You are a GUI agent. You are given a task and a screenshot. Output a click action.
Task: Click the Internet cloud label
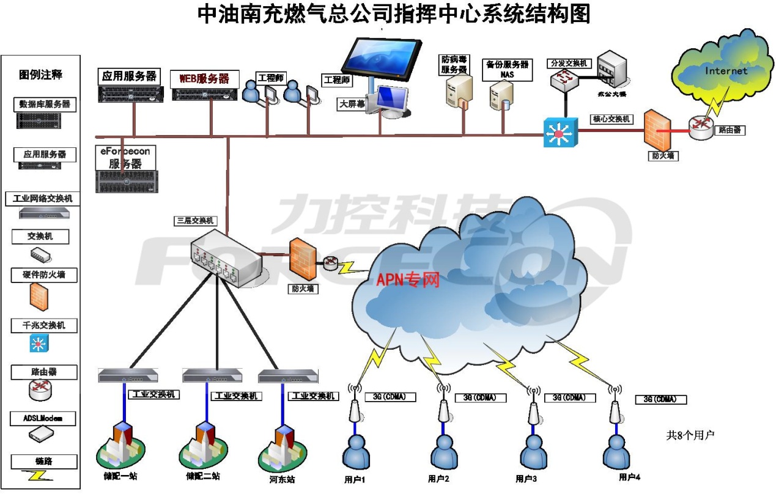726,71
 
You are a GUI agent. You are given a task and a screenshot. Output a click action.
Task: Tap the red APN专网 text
408,281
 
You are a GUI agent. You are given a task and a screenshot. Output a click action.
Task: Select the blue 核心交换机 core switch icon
560,132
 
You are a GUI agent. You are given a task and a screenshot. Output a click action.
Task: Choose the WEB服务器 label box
204,78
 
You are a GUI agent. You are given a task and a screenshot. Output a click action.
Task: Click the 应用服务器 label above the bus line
129,76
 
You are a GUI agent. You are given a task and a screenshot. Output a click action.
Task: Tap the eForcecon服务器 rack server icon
127,181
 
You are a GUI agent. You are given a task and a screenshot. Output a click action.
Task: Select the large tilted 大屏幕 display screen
382,58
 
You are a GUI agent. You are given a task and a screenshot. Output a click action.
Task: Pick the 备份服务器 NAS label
507,68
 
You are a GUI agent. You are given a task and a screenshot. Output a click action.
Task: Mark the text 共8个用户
690,435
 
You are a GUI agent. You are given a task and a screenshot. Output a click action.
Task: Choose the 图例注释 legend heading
41,75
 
